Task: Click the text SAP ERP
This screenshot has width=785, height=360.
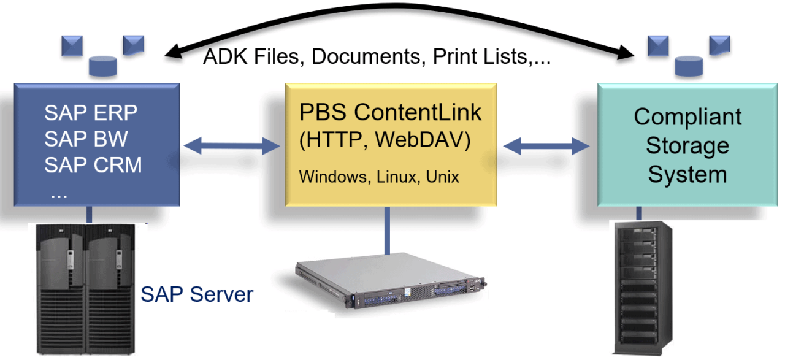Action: point(91,113)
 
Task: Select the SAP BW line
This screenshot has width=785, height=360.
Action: point(86,139)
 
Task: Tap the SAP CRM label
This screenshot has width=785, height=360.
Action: point(93,165)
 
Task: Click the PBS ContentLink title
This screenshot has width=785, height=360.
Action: point(391,112)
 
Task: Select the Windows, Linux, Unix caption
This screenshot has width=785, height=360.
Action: point(379,177)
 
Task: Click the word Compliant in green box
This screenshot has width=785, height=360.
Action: point(687,117)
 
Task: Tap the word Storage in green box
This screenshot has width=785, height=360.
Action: point(687,146)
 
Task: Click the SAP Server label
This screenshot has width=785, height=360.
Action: point(197,294)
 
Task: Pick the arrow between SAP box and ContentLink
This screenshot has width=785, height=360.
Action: point(232,145)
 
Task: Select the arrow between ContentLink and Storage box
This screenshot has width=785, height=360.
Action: point(546,145)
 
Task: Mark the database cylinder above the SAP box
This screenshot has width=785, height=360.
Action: point(102,64)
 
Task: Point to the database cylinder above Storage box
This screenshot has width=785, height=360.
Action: point(689,64)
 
